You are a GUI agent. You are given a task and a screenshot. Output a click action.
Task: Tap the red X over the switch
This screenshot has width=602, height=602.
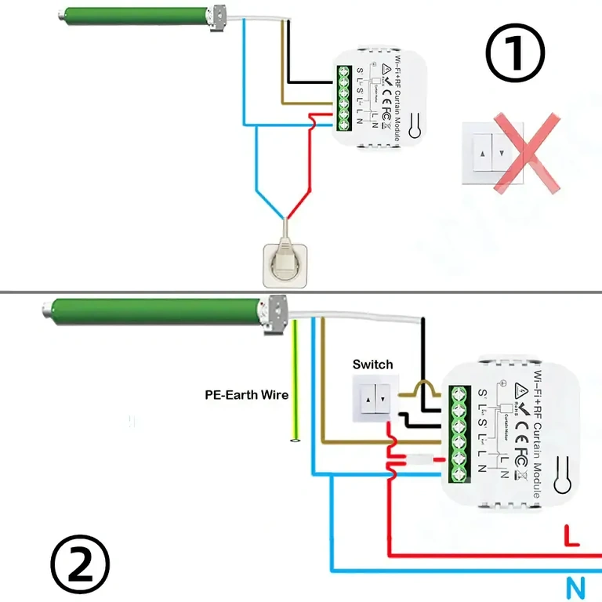click(x=526, y=154)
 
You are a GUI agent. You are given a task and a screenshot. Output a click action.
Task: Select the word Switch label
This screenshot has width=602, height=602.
click(x=372, y=364)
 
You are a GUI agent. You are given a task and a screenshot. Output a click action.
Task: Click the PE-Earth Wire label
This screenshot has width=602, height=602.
click(x=246, y=395)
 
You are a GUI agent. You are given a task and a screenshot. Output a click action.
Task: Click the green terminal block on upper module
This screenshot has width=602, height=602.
click(x=343, y=96)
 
